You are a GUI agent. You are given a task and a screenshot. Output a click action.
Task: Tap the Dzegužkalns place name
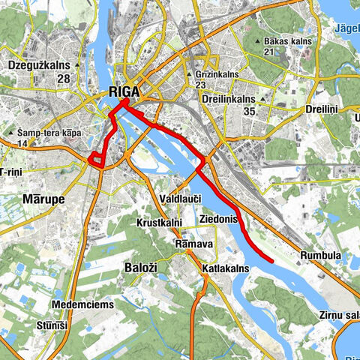[x=38, y=66]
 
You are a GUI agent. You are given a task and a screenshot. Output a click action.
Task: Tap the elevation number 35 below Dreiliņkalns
[x=250, y=111]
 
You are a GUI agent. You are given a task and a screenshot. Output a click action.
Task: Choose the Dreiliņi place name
[x=323, y=109]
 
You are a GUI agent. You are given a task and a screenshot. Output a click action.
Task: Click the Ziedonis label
[x=219, y=219]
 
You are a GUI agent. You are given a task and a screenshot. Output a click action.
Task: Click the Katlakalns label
[x=225, y=267]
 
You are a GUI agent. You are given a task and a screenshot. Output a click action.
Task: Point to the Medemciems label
[x=82, y=304]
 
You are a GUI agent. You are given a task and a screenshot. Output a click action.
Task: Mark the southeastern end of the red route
[x=271, y=261]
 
